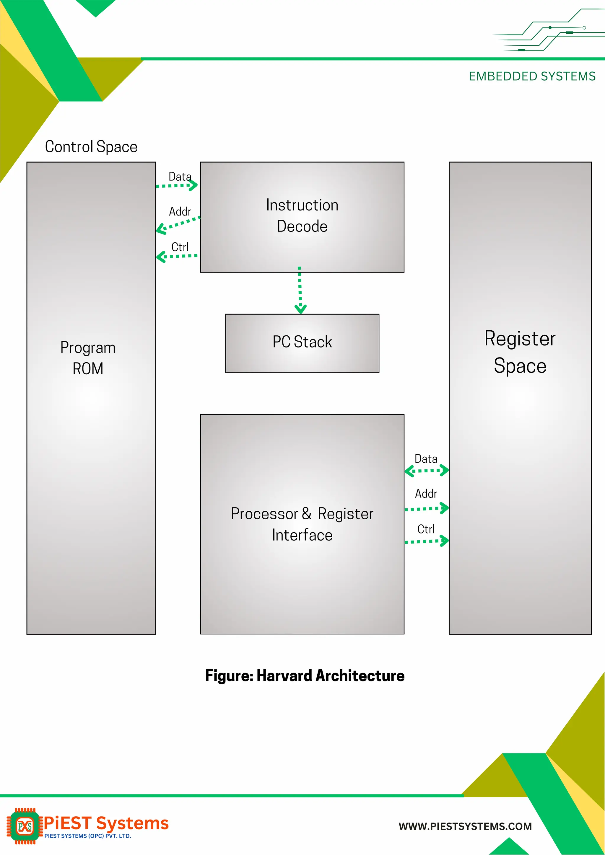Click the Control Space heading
point(91,147)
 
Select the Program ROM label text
point(88,358)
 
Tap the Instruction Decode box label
point(302,216)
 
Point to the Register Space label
point(520,352)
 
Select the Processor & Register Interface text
point(302,524)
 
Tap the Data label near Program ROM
point(180,177)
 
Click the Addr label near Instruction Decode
point(180,211)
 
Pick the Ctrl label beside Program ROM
point(180,247)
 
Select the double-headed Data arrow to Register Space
point(427,471)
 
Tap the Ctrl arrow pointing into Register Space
point(427,541)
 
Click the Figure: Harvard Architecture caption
point(305,675)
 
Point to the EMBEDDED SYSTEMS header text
point(532,76)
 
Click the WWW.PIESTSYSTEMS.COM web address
point(465,826)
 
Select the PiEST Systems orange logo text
point(106,823)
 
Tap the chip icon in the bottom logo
point(25,826)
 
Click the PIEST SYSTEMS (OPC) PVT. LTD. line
point(87,836)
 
